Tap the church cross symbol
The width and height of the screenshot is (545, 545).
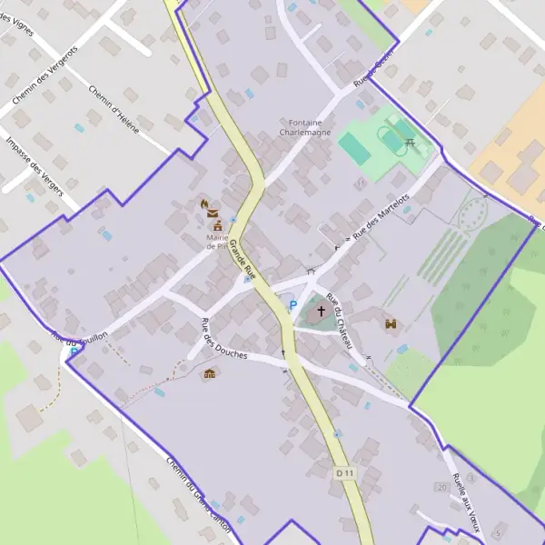[321, 312]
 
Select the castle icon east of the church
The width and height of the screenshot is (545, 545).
[391, 323]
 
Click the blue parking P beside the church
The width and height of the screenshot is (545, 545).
[292, 306]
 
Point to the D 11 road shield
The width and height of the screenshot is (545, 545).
[342, 473]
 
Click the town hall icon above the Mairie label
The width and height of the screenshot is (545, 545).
[217, 224]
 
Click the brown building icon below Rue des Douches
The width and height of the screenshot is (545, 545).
[211, 373]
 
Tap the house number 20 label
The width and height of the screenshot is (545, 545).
[442, 488]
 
